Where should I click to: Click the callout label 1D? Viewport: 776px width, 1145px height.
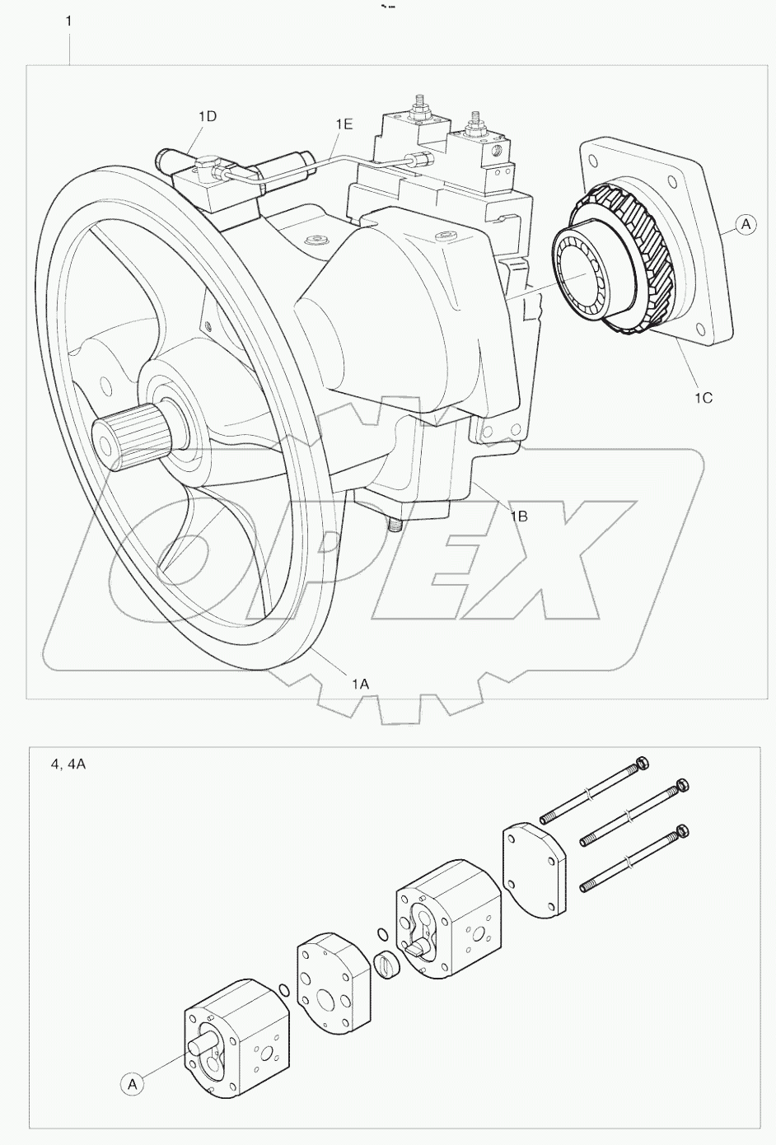tap(208, 116)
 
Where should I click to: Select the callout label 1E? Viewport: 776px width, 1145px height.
tap(344, 124)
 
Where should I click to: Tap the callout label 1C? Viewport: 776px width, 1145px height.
tap(703, 397)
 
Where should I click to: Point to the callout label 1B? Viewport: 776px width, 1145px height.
tap(518, 516)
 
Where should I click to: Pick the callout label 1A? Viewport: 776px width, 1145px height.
tap(360, 683)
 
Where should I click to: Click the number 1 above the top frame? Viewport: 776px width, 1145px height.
tap(68, 21)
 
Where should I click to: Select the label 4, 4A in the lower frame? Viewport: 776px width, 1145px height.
tap(68, 764)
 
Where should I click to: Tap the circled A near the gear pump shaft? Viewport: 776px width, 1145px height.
tap(131, 1084)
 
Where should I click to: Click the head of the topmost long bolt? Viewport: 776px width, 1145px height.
tap(643, 762)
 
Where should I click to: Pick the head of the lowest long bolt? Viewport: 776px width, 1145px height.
tap(680, 832)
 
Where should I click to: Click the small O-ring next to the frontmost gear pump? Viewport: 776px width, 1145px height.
tap(283, 988)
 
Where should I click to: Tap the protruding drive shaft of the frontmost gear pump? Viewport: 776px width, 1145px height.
tap(201, 1045)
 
